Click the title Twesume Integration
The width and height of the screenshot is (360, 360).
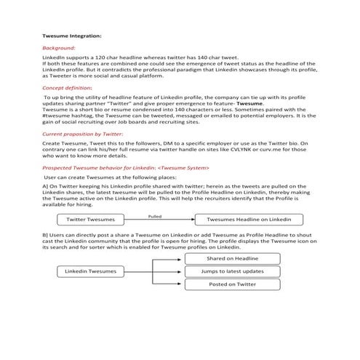point(72,35)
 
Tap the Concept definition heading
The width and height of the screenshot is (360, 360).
point(71,87)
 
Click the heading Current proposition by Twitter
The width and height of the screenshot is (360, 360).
point(82,135)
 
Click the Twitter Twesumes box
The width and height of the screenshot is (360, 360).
point(90,219)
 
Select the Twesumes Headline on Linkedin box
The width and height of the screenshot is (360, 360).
point(249,219)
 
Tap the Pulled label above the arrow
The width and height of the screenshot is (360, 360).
point(154,215)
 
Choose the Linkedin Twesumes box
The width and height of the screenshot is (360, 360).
point(90,271)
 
